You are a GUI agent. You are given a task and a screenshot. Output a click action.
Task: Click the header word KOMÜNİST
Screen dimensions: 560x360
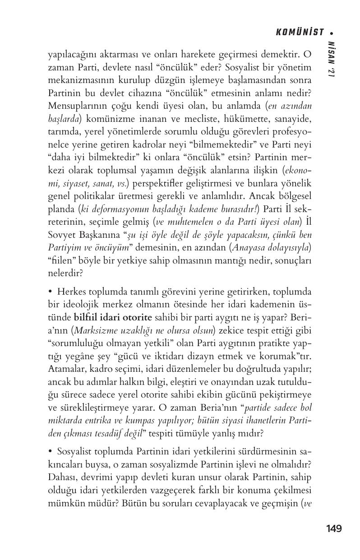(300, 32)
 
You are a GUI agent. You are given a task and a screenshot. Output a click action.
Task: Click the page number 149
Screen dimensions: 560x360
(333, 528)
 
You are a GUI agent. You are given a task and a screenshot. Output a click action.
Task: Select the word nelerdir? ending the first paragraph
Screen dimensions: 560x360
(64, 273)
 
